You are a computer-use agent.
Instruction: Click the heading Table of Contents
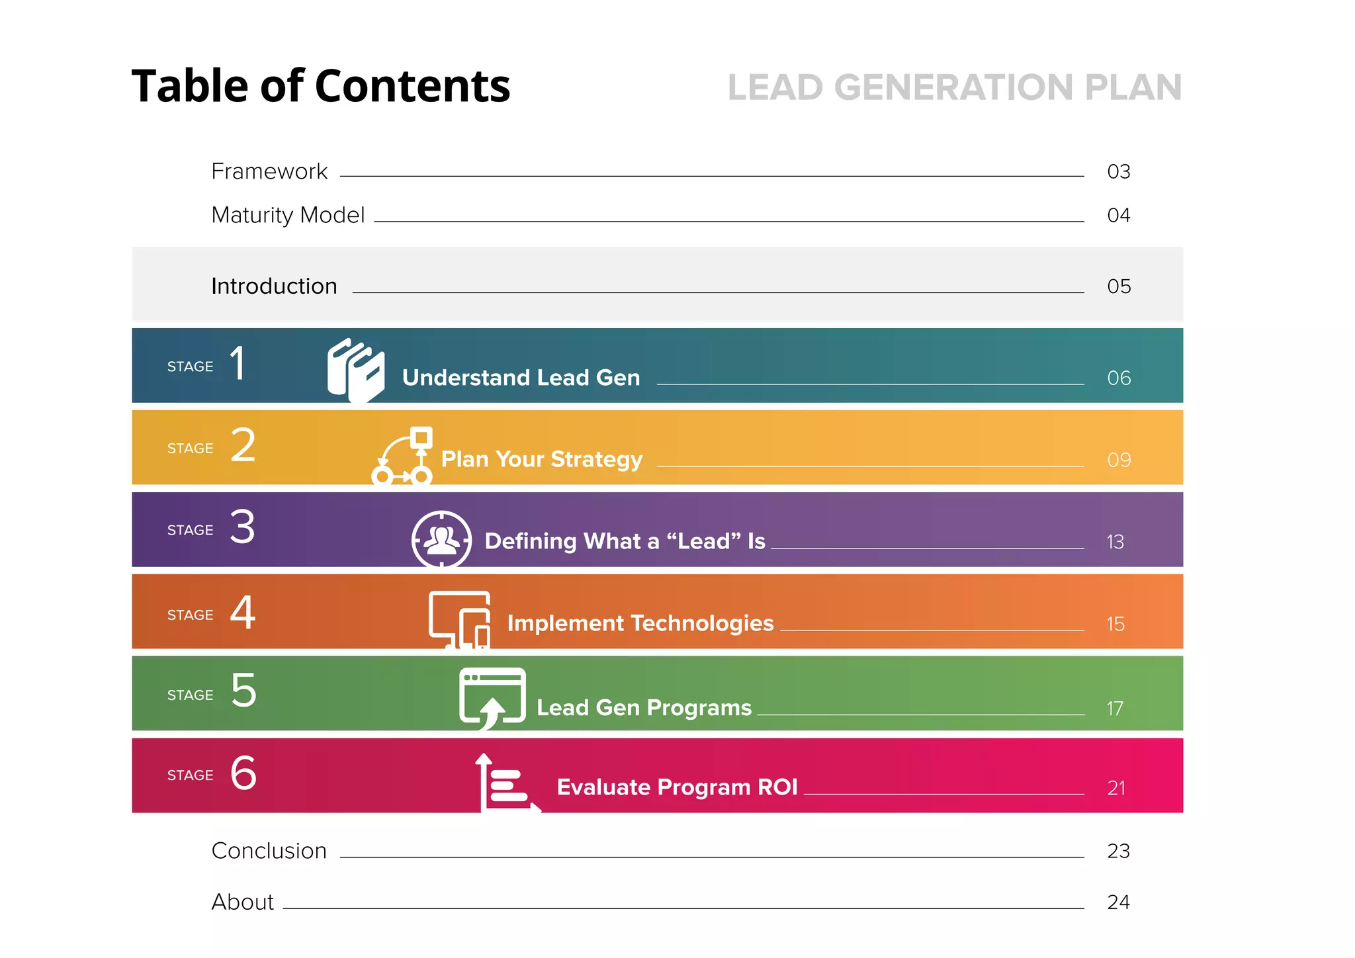click(x=321, y=86)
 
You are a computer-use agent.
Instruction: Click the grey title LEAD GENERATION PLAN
click(x=954, y=87)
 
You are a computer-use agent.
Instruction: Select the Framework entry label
click(x=269, y=171)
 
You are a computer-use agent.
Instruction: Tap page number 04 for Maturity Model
click(x=1118, y=215)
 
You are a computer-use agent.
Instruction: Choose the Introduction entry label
click(x=274, y=286)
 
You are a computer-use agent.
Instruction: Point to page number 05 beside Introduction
click(x=1119, y=286)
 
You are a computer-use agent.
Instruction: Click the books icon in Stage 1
click(x=356, y=369)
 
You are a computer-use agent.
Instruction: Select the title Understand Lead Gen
click(x=521, y=377)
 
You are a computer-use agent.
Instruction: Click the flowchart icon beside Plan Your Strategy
click(x=403, y=456)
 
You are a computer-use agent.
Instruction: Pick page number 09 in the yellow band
click(x=1119, y=460)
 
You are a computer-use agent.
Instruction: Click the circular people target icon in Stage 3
click(x=441, y=539)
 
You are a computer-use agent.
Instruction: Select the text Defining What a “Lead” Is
click(x=625, y=541)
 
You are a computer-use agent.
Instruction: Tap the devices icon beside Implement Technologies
click(x=460, y=619)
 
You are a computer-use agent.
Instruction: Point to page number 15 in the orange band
click(x=1115, y=624)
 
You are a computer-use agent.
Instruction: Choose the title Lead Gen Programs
click(x=644, y=707)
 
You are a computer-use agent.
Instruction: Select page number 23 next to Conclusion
click(x=1118, y=851)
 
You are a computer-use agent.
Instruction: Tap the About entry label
click(x=242, y=902)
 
